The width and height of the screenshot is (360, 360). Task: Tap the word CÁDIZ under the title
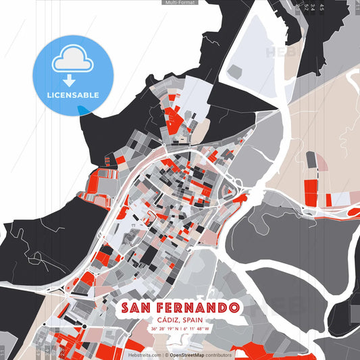point(169,319)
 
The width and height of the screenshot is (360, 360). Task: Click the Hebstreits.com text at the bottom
point(145,355)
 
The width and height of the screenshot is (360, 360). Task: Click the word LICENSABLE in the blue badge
point(72,95)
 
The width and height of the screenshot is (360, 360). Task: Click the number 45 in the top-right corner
point(322,7)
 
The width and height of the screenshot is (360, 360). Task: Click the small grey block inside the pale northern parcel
point(238,70)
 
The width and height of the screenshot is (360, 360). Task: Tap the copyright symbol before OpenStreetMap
point(166,355)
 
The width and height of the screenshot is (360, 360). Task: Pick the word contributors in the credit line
point(218,355)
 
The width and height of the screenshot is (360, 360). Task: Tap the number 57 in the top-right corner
point(306,7)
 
